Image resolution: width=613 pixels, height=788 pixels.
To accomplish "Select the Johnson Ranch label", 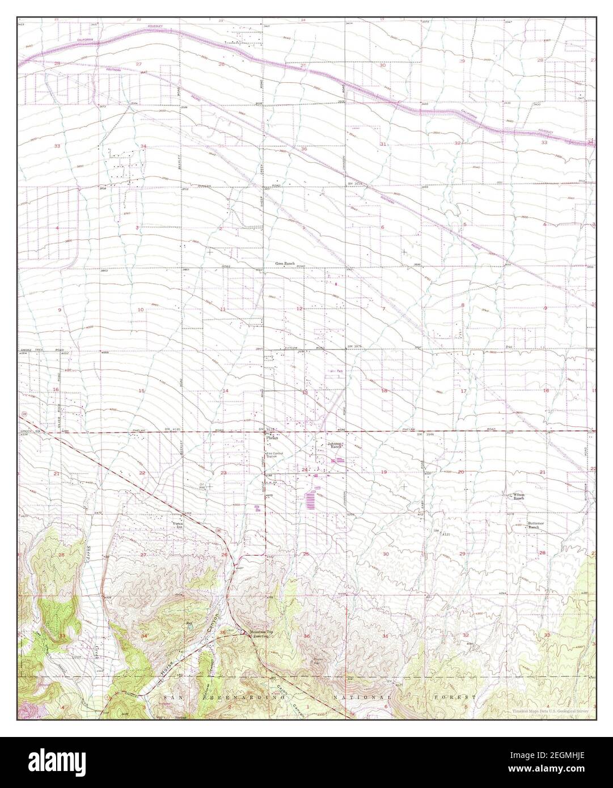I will tap(335, 445).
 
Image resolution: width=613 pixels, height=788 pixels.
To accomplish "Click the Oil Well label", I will tap(201, 486).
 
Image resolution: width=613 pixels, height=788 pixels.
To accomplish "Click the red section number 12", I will tap(299, 308).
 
